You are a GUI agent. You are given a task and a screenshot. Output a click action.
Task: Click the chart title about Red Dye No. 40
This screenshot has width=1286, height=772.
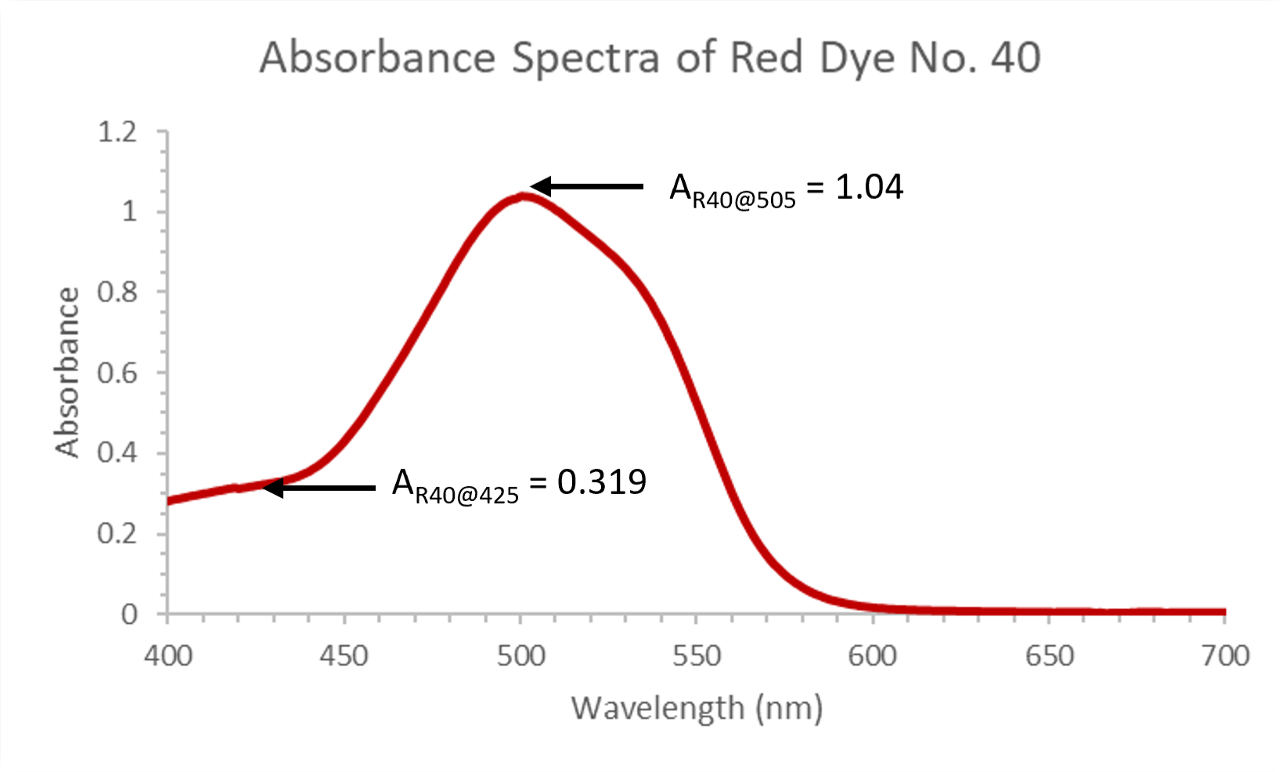650,58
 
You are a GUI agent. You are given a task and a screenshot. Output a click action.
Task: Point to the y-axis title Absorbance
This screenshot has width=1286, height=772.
68,373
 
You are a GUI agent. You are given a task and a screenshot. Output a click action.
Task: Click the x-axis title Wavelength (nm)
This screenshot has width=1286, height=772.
697,708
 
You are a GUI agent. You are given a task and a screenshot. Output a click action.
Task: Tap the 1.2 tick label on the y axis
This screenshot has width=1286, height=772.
117,132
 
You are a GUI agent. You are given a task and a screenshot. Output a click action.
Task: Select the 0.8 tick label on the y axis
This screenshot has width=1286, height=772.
117,292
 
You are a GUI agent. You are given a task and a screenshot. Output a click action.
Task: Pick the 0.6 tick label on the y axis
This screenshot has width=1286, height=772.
117,373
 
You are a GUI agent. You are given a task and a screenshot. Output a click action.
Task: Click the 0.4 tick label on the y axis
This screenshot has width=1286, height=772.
117,453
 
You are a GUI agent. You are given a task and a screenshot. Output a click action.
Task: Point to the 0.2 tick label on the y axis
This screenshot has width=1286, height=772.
117,533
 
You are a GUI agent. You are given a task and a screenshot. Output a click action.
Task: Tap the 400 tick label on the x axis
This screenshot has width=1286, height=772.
168,655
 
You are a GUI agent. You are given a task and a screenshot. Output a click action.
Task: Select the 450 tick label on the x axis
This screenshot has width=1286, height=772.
344,655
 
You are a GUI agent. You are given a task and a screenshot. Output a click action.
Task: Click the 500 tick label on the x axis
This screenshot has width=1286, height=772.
521,655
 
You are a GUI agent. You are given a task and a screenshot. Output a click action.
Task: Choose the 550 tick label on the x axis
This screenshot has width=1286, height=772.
697,655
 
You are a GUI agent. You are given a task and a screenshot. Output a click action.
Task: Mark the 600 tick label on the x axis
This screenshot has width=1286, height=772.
873,655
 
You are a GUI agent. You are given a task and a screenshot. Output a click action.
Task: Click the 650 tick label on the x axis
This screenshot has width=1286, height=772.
1050,655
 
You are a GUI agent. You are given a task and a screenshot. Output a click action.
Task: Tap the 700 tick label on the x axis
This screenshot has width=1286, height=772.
1226,655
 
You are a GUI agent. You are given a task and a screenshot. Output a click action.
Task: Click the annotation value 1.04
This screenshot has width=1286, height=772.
869,187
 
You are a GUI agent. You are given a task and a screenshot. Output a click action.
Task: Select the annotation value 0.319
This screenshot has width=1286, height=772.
602,482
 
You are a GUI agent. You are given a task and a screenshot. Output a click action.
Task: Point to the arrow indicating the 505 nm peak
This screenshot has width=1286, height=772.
587,186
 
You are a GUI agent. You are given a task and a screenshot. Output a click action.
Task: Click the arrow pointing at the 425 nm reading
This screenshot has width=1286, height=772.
319,488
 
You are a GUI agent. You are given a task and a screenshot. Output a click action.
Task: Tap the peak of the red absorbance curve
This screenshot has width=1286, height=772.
522,197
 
